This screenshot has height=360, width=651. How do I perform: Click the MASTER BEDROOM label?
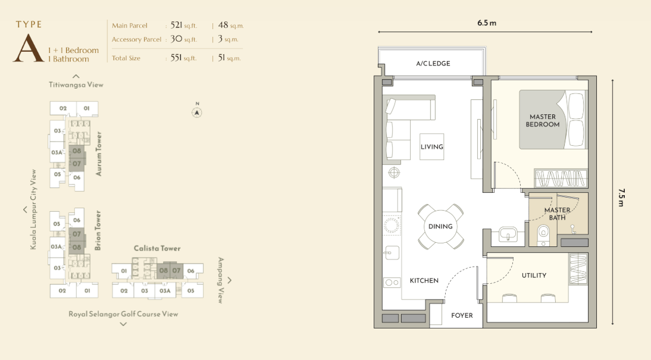(542, 120)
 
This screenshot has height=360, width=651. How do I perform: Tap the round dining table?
(440, 226)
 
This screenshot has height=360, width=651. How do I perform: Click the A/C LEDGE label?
(433, 64)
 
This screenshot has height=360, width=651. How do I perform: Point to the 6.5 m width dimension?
(487, 23)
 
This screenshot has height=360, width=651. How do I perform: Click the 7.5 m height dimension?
(621, 198)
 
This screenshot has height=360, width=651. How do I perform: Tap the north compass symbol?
(197, 112)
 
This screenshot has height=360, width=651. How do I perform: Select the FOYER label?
(462, 315)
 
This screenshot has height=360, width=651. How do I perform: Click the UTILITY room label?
(534, 276)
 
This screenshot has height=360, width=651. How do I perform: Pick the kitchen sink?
(392, 253)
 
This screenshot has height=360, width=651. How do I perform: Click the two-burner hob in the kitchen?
(392, 283)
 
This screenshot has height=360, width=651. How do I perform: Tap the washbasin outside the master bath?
(508, 234)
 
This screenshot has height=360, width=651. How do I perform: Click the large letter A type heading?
(28, 48)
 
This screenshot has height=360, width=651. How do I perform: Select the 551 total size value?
(176, 58)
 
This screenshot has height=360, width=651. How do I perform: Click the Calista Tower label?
(157, 248)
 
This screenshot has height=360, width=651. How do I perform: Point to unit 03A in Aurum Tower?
(57, 152)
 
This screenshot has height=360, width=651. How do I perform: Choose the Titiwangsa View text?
(76, 84)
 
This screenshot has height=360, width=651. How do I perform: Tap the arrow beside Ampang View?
(230, 280)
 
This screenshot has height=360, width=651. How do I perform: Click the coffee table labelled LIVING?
(432, 146)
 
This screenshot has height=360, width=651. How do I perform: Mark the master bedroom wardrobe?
(561, 178)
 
